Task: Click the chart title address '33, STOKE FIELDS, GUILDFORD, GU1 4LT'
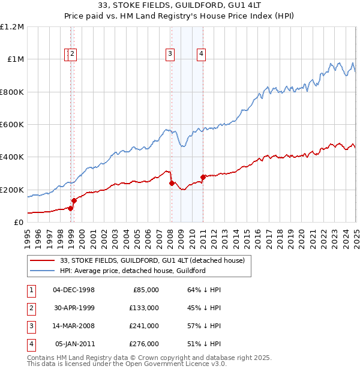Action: pos(179,6)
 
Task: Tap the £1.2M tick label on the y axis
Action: pos(12,27)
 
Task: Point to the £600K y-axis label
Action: pos(12,125)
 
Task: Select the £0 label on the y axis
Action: pos(19,222)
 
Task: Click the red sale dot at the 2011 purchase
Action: pos(203,177)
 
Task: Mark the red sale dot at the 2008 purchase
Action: pos(172,183)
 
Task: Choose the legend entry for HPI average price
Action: pos(133,271)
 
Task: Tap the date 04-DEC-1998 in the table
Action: pos(74,290)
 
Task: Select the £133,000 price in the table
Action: pos(144,308)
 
